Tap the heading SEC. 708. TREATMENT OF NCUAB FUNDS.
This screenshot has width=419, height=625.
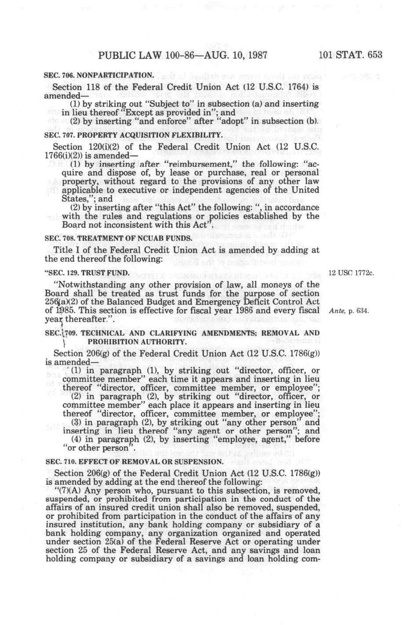tap(119, 238)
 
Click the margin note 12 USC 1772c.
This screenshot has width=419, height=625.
tap(351, 272)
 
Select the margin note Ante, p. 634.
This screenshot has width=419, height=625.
tap(349, 311)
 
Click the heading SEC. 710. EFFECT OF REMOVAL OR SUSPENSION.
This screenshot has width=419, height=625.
tap(134, 461)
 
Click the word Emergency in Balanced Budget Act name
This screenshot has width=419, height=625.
tap(220, 302)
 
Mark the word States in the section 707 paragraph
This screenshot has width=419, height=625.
tap(75, 199)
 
